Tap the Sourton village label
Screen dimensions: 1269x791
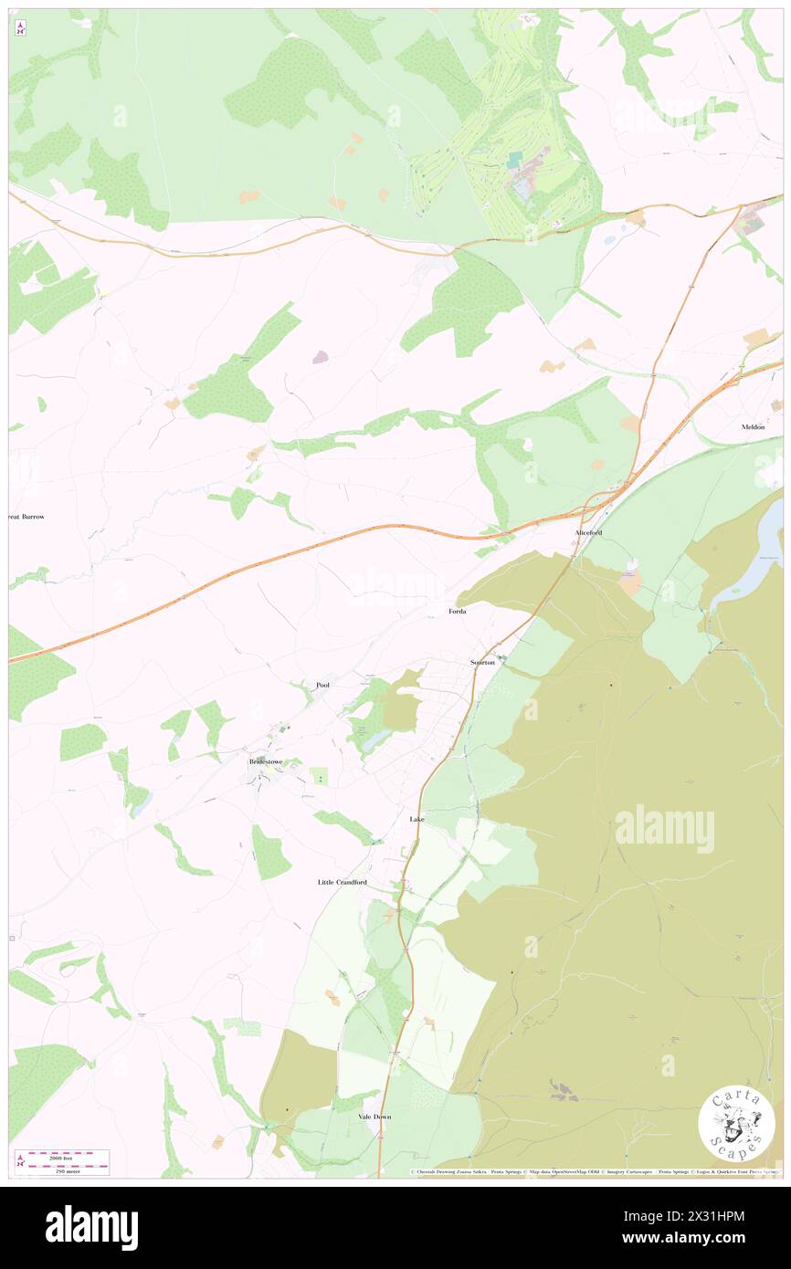[x=481, y=662]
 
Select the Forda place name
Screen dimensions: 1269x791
[x=458, y=611]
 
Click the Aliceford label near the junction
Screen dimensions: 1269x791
[x=588, y=531]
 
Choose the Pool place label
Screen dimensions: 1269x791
[x=322, y=685]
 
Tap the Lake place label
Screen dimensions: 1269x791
[x=417, y=820]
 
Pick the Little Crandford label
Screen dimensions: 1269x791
[x=342, y=883]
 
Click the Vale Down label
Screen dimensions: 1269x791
[x=374, y=1117]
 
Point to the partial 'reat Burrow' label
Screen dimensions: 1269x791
[x=26, y=517]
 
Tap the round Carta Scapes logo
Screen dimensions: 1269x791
[x=736, y=1123]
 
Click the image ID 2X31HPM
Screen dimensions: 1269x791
[x=716, y=1215]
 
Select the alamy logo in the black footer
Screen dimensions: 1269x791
[x=91, y=1227]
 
